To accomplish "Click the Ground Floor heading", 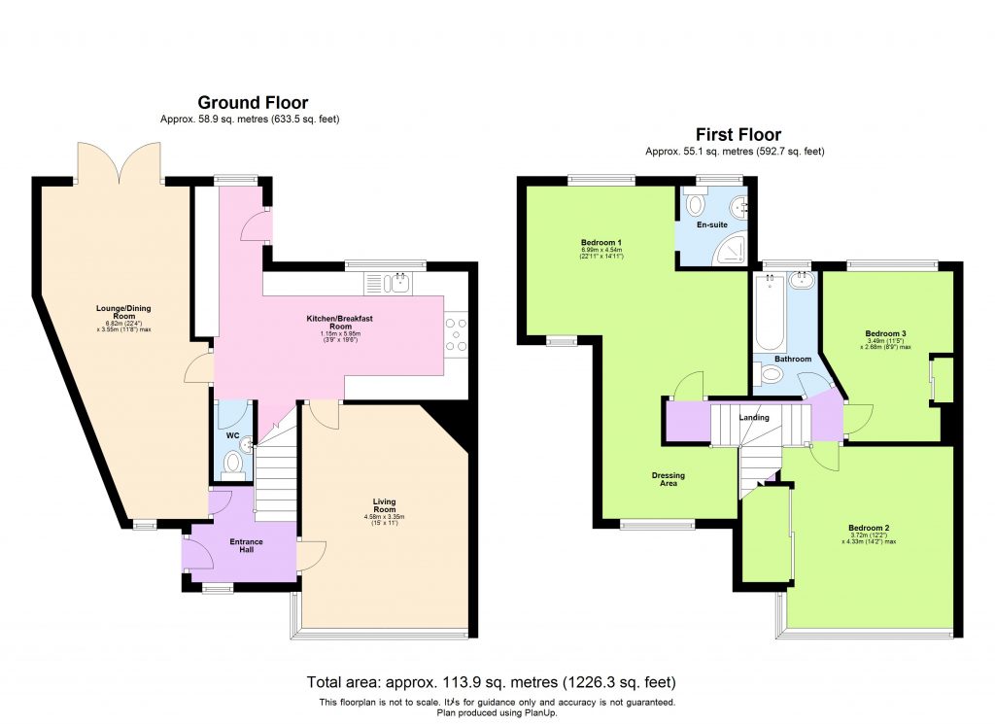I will point(253,102).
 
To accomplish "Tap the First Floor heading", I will point(738,135).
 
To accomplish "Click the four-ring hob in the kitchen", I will point(456,335).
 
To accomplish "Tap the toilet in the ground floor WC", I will point(232,468).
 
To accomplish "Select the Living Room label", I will point(385,506).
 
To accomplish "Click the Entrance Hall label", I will point(246,546).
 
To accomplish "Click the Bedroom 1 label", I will point(601,242).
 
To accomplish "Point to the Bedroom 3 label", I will point(885,333).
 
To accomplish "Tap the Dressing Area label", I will point(668,477).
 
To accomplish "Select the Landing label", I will point(754,418).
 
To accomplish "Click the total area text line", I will point(492,681).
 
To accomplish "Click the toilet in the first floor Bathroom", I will point(772,376).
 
